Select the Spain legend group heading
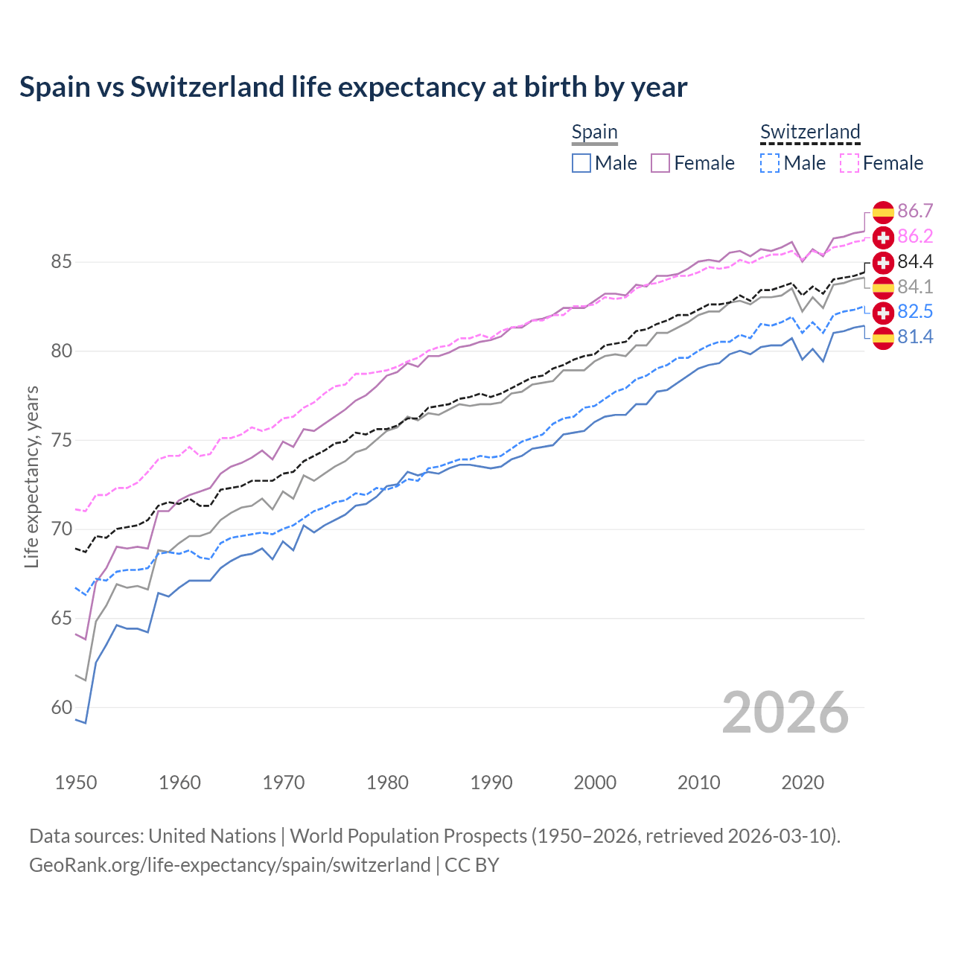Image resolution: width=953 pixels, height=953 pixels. pos(594,133)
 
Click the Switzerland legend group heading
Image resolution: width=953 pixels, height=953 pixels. pos(810,133)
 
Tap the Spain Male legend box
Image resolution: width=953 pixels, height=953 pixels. pos(581,163)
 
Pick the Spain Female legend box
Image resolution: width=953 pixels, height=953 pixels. pos(660,163)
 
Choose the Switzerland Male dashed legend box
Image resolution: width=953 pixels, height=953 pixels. pos(770,163)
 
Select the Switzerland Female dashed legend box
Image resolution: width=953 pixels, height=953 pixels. pos(850,163)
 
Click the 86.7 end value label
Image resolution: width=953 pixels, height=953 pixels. pos(915,211)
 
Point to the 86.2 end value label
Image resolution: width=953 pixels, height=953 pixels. pos(915,237)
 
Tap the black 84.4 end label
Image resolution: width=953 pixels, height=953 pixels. pos(915,262)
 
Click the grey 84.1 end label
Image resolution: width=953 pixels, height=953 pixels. pos(915,287)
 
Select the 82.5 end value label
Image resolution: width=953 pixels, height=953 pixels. pos(915,312)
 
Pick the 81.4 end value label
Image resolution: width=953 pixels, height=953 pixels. pos(915,337)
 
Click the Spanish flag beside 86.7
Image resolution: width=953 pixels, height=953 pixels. pos(883,212)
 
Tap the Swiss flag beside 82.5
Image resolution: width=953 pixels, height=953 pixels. pos(883,312)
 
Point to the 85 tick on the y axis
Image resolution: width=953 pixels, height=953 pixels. pos(61,262)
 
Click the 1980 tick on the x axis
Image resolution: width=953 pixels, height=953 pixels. pos(387,783)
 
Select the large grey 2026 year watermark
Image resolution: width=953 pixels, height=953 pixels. pos(785,713)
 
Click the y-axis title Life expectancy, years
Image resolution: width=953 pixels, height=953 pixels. pos(31,476)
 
